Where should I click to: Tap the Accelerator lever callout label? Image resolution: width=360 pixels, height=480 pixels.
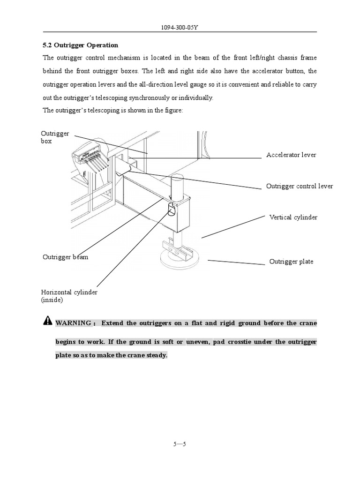coord(291,155)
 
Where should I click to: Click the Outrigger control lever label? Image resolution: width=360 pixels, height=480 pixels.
coord(300,186)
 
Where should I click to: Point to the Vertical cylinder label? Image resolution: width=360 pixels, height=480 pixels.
coord(293,217)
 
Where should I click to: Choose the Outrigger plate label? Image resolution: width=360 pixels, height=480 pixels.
coord(291,262)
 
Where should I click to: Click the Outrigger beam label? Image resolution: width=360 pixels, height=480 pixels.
coord(65,257)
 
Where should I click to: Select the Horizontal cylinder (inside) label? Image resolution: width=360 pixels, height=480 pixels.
coord(69,296)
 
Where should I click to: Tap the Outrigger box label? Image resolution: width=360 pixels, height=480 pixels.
coord(55,137)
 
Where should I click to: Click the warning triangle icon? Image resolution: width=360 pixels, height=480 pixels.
coord(48,321)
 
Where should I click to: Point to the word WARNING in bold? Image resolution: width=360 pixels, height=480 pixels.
coord(73,323)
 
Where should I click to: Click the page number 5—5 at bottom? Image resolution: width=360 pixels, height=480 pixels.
coord(180,444)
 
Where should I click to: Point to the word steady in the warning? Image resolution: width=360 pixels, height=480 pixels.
coord(156,356)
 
